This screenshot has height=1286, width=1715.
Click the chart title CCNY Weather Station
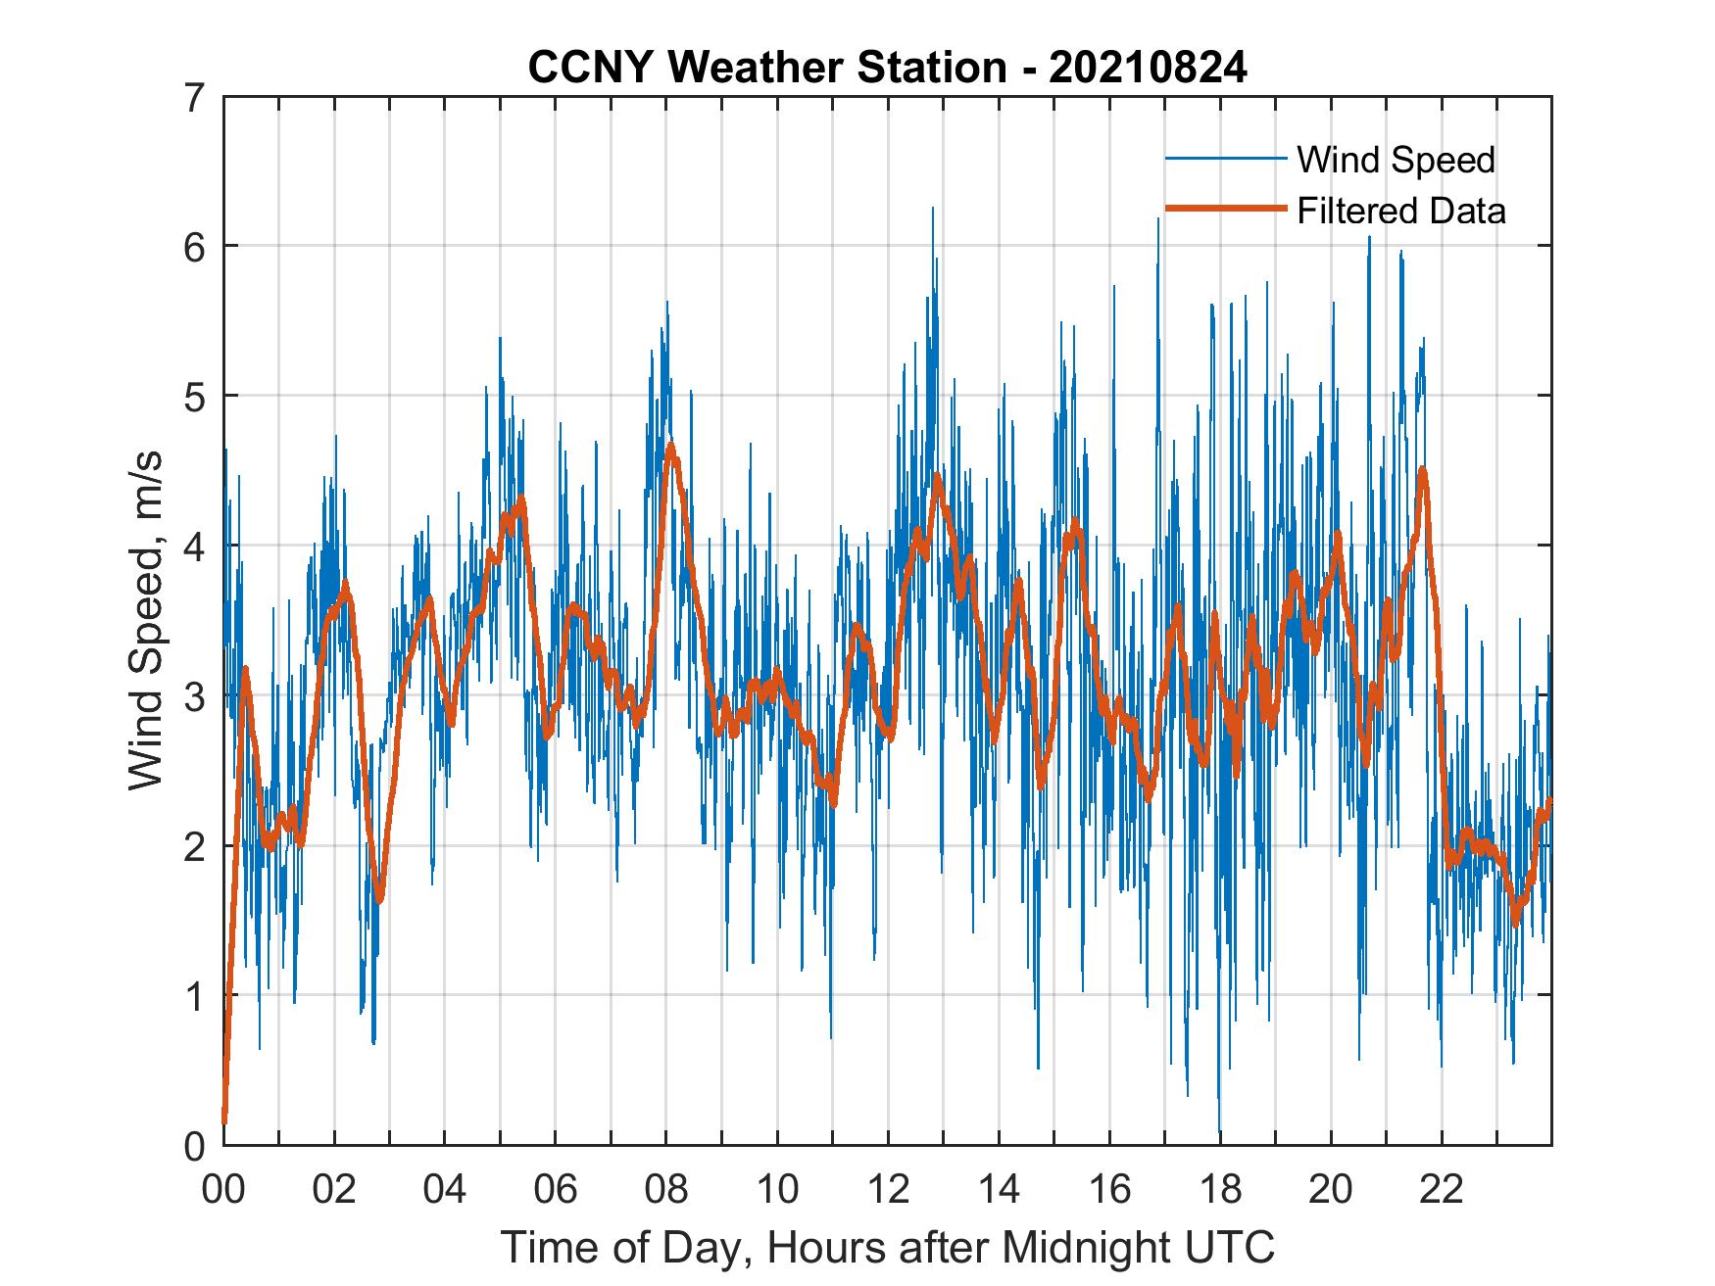pos(766,68)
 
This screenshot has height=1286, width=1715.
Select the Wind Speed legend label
pos(1396,160)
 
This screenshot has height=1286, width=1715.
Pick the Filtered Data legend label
pos(1400,211)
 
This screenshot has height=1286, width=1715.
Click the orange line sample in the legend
pos(1225,209)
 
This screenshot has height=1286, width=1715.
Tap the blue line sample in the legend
pos(1225,159)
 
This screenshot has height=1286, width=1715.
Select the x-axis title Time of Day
pos(888,1247)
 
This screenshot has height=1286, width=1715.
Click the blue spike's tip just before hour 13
pos(932,208)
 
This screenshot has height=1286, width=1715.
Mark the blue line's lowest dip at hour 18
pos(1219,1131)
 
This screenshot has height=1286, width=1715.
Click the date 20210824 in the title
pos(1148,68)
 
